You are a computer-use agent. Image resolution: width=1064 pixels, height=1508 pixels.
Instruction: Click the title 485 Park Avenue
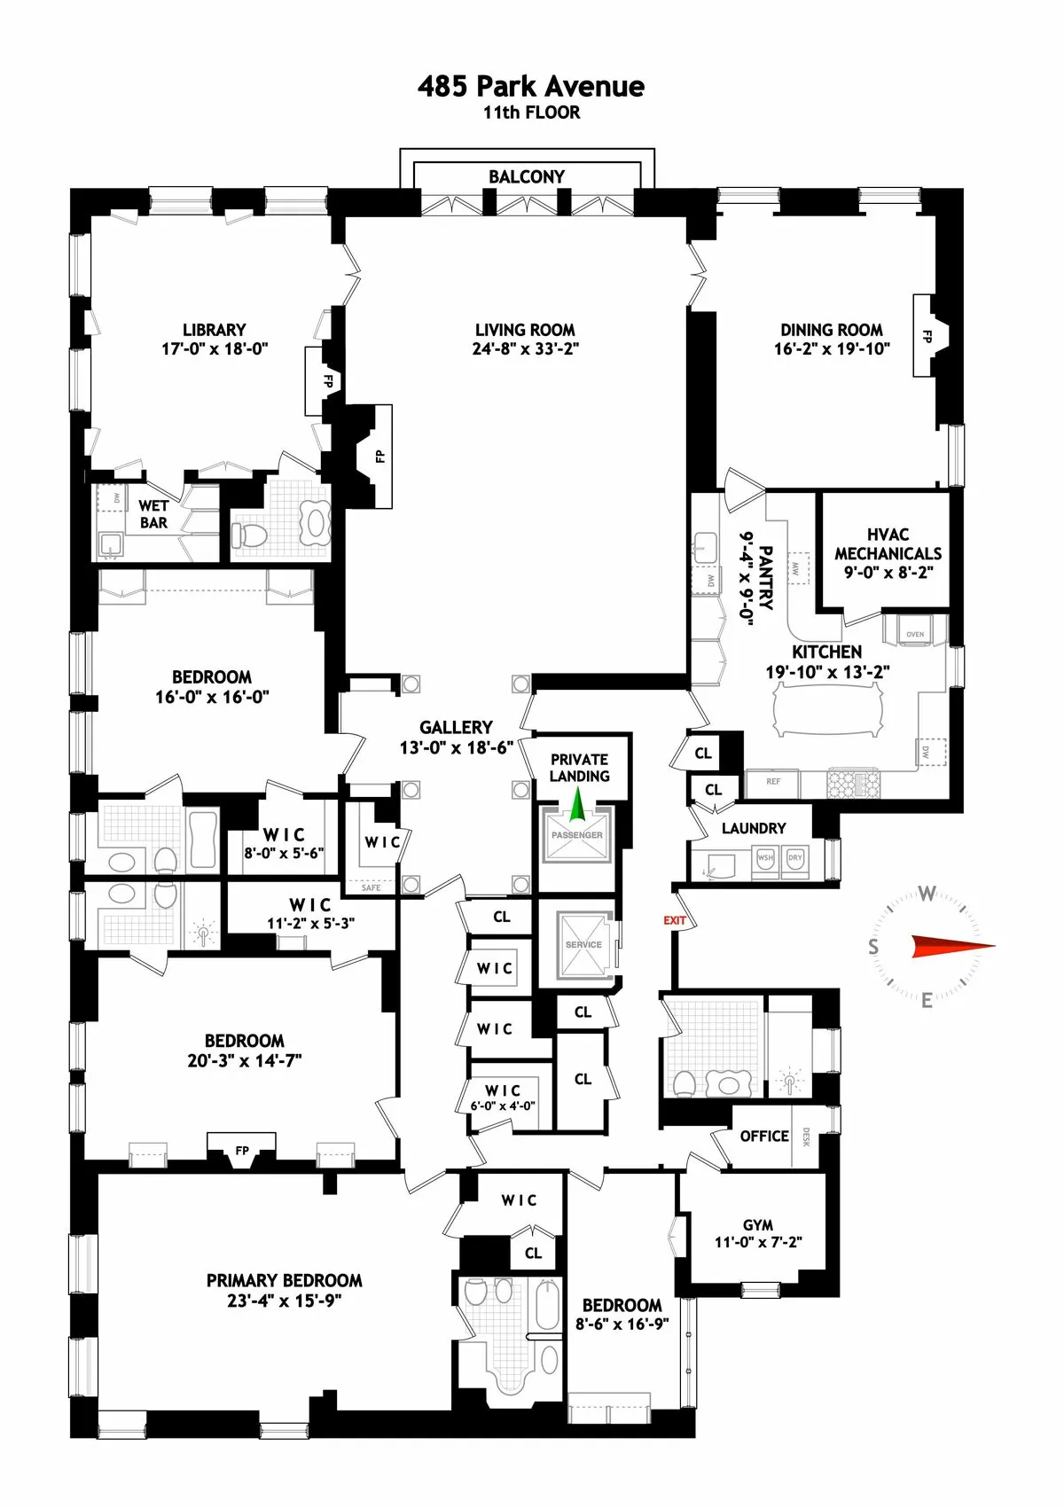[x=531, y=86]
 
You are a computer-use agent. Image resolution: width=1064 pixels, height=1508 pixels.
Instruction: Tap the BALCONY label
[x=527, y=176]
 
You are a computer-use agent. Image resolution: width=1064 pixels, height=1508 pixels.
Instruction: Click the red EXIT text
[x=675, y=920]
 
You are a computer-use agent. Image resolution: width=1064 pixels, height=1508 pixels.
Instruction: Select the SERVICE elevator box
[x=583, y=946]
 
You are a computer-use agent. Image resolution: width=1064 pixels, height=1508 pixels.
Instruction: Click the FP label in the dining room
[x=927, y=337]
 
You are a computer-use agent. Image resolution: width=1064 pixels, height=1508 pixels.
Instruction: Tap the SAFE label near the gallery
[x=371, y=887]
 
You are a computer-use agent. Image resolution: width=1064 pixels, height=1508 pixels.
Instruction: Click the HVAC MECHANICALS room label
[x=888, y=553]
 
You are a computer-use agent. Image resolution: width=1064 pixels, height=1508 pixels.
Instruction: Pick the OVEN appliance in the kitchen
[x=915, y=633]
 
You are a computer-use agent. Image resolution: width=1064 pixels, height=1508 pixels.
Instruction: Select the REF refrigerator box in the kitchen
[x=773, y=781]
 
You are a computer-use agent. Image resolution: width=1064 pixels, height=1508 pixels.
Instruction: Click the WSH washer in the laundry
[x=764, y=858]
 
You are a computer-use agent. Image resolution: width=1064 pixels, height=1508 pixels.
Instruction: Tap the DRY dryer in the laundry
[x=794, y=858]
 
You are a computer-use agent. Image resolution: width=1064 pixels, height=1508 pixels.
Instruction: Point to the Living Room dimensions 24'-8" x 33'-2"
[x=525, y=349]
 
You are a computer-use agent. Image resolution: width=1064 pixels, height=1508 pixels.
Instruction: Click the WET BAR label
[x=153, y=514]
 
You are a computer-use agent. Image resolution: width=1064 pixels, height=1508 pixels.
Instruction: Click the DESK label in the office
[x=806, y=1137]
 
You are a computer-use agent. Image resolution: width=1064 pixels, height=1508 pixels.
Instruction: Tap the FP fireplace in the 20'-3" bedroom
[x=242, y=1151]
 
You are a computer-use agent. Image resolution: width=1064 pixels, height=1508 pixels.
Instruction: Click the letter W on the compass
[x=927, y=894]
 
